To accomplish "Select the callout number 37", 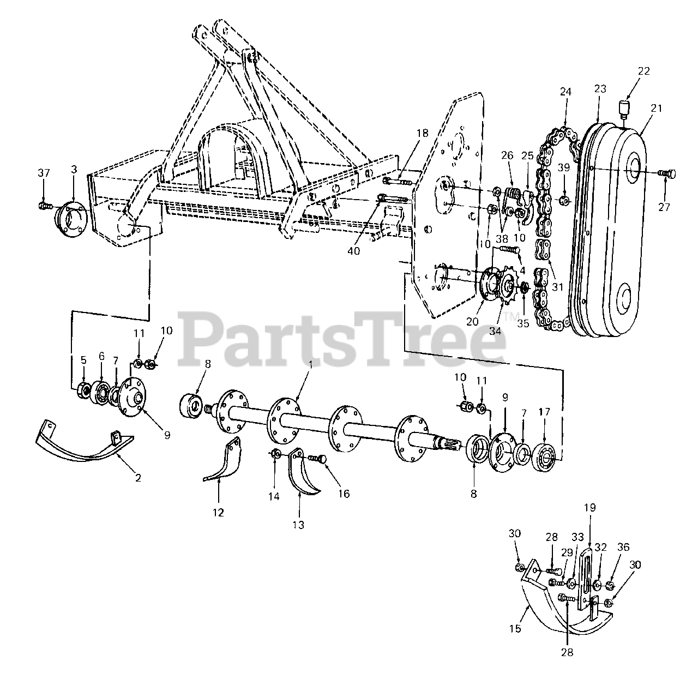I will coord(44,173).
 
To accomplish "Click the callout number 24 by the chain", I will coord(565,93).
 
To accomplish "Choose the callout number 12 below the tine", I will coord(218,513).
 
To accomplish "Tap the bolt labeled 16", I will coord(318,459).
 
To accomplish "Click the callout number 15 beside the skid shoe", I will coord(515,628).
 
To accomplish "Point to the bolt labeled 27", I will coord(666,173).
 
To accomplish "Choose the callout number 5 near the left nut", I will coord(83,360).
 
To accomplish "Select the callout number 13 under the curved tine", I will coord(298,525).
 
